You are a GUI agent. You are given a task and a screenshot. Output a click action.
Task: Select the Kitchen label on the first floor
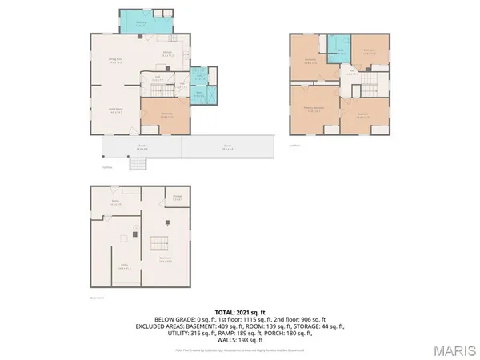(x=169, y=54)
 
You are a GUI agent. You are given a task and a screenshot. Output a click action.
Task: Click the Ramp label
(x=226, y=147)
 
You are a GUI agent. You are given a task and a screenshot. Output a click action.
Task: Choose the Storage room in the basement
(x=177, y=199)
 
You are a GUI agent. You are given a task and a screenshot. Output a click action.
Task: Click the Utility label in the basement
(x=125, y=266)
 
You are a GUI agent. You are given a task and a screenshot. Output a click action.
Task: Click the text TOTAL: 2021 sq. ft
(x=240, y=311)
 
